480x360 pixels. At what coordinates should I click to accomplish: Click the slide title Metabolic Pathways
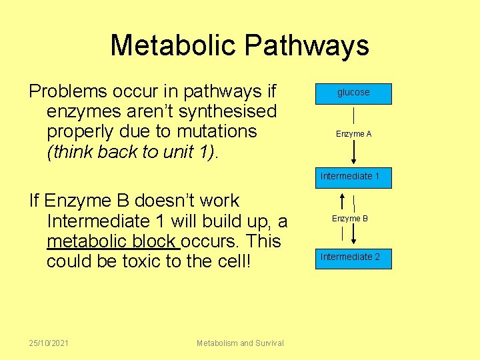239,45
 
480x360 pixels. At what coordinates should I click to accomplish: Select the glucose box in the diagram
353,93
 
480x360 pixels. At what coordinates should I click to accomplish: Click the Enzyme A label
353,134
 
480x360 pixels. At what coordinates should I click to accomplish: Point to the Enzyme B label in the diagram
350,219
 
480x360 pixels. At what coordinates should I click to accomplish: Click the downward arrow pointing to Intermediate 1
353,153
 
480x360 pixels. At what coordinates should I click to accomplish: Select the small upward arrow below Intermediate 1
342,201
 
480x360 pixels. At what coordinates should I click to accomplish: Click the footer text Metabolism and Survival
240,343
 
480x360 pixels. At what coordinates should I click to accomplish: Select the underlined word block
156,241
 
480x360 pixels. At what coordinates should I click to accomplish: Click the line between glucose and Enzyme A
353,115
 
